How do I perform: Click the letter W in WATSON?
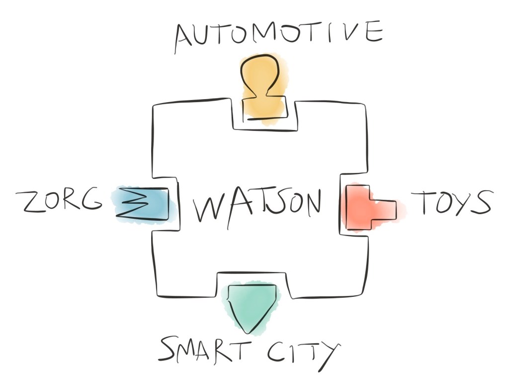click(x=209, y=207)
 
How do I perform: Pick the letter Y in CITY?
click(x=329, y=353)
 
